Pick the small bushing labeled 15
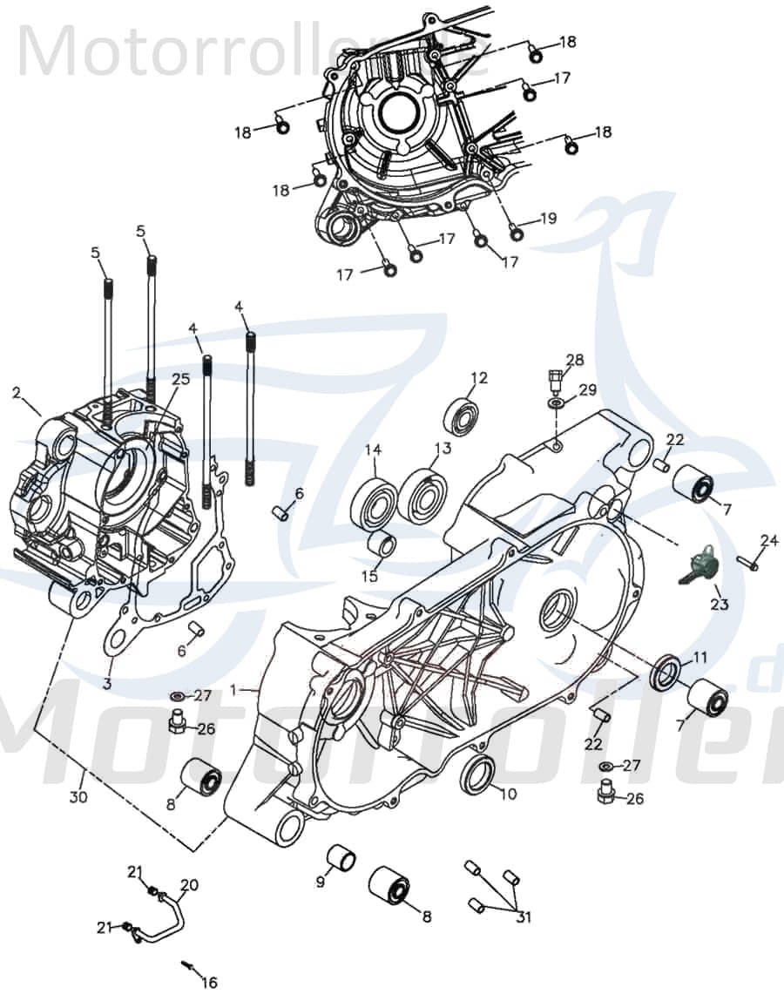pos(382,547)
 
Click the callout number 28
pos(575,360)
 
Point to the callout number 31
pos(523,917)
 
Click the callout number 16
pos(209,983)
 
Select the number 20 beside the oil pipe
pos(189,885)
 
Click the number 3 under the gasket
pos(106,684)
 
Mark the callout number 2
pos(16,393)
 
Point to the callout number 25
pos(180,380)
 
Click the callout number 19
pos(547,218)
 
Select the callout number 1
pos(233,689)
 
